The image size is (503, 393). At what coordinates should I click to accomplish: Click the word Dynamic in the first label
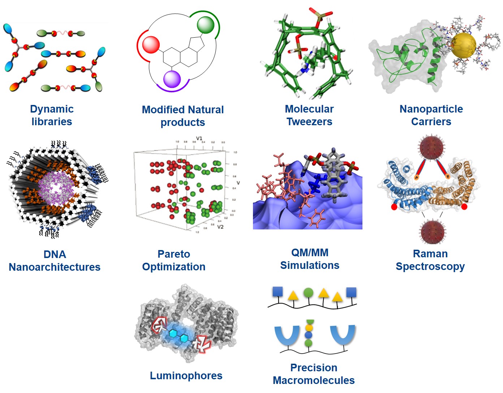(x=52, y=109)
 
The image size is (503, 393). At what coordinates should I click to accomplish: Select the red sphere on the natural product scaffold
(x=151, y=45)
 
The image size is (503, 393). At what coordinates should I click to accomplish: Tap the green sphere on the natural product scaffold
(x=206, y=25)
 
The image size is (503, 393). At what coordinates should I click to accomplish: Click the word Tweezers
(x=309, y=122)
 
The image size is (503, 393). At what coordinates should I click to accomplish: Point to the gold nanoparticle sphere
(x=464, y=45)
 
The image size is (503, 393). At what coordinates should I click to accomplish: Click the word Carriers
(x=431, y=122)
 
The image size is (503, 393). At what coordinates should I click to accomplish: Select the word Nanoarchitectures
(x=55, y=267)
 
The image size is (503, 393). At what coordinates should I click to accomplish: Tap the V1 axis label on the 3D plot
(x=199, y=139)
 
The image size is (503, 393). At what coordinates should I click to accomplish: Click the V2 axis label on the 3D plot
(x=220, y=227)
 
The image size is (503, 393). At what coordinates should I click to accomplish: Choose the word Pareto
(x=174, y=254)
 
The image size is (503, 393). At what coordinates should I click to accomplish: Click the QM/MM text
(x=310, y=253)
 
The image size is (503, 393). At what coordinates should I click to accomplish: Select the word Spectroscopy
(x=430, y=267)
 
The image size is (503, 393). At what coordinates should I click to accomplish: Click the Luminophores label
(x=186, y=376)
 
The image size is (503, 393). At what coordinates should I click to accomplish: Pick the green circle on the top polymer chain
(x=308, y=292)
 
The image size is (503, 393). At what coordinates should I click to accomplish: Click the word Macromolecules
(x=314, y=380)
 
